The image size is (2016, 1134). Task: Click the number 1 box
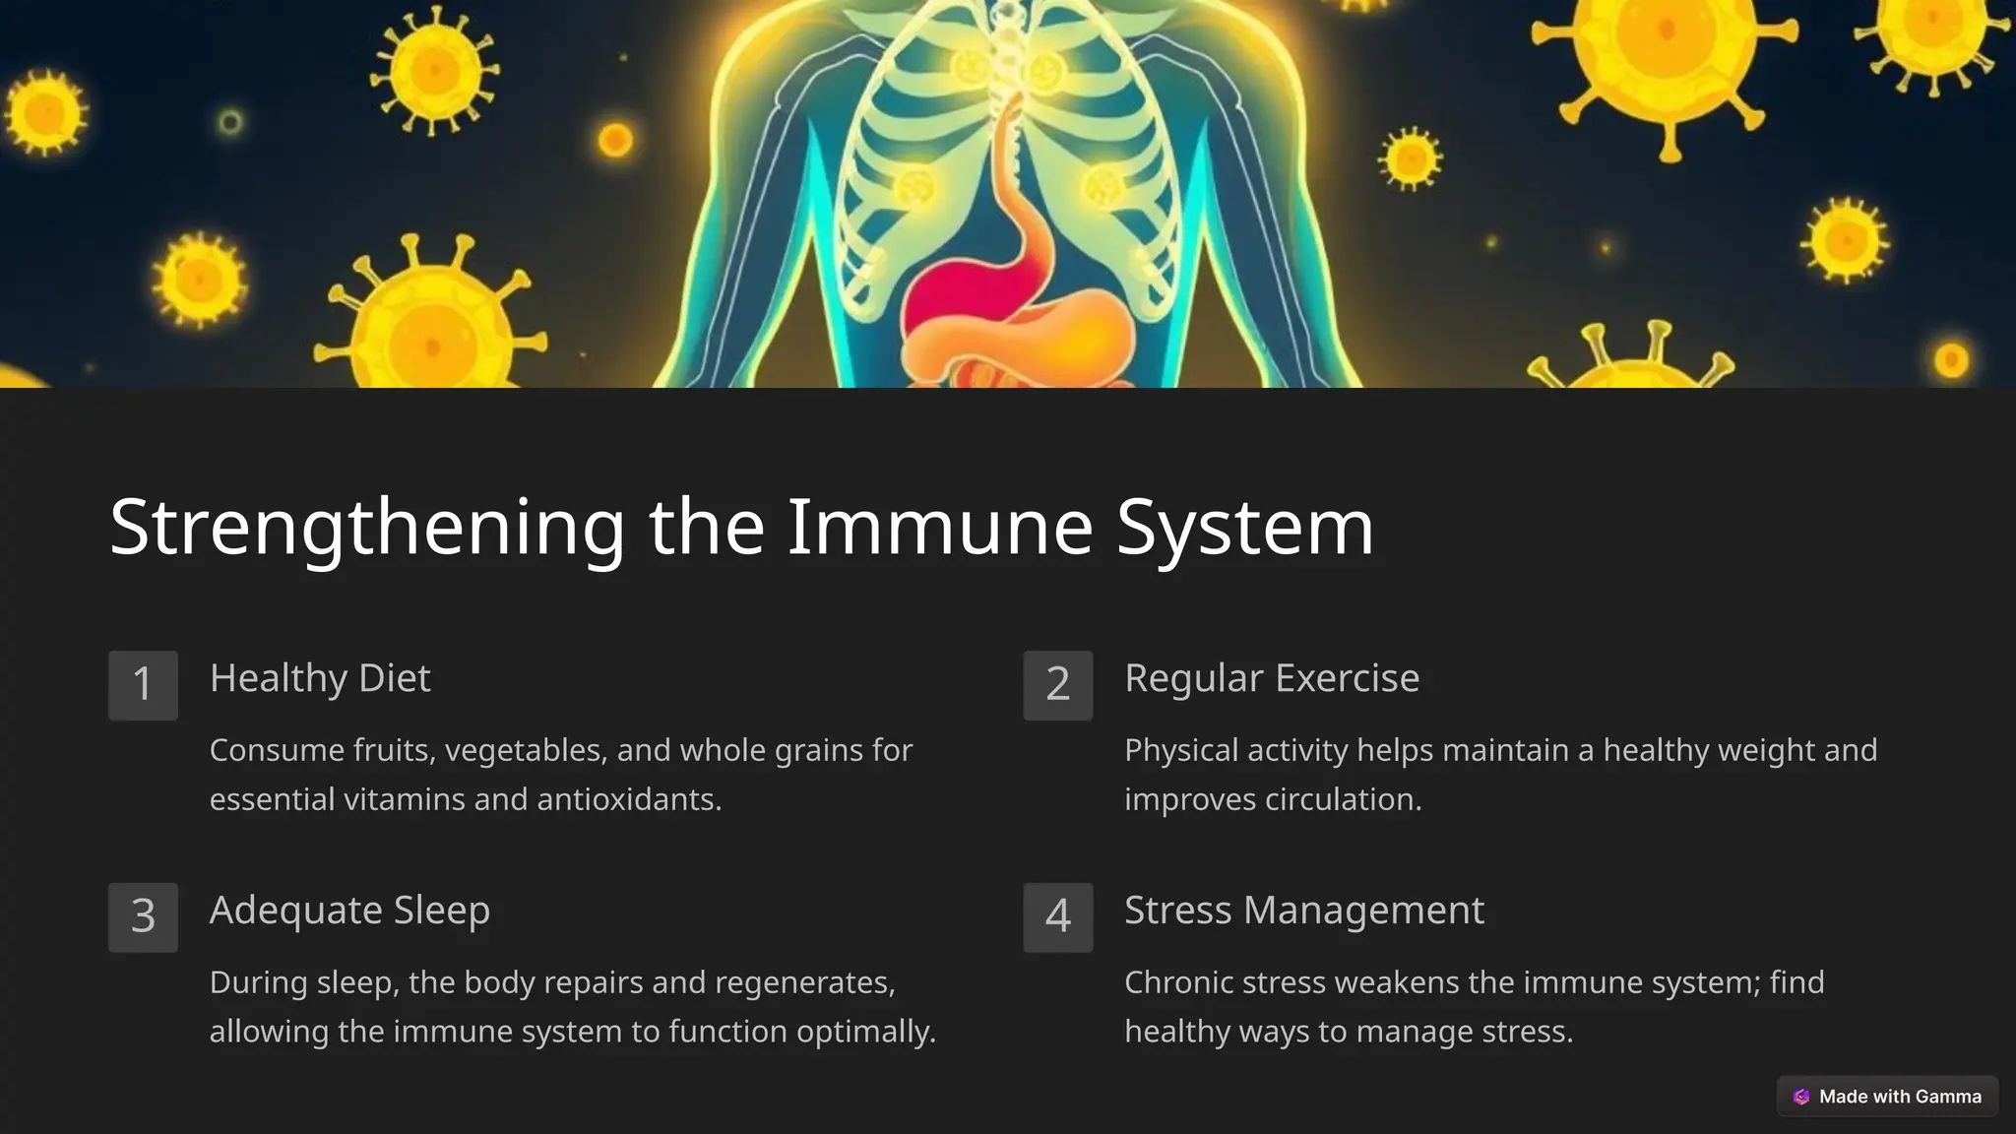point(143,685)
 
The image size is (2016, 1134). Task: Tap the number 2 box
point(1058,685)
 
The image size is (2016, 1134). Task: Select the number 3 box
point(143,916)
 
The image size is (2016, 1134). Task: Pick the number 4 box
point(1058,916)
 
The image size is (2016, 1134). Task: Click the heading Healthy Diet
point(320,678)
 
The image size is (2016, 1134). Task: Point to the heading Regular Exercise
point(1272,678)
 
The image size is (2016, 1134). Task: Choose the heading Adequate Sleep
point(349,911)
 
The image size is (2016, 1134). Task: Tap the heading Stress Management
point(1304,911)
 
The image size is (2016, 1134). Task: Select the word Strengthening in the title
point(367,529)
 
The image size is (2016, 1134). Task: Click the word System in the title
point(1245,529)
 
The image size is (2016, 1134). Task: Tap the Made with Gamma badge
point(1887,1097)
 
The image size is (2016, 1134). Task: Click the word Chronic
point(1178,982)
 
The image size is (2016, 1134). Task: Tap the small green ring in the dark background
point(230,122)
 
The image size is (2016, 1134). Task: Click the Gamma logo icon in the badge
point(1801,1097)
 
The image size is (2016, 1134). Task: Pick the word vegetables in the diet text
point(524,751)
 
